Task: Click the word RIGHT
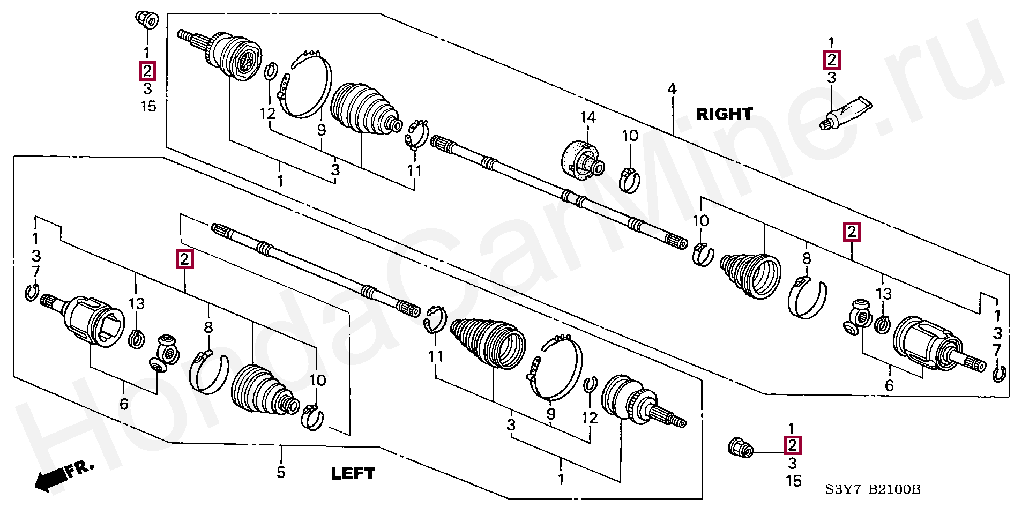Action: (x=724, y=114)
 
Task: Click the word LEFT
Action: (x=353, y=473)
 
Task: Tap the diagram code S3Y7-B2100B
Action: (x=873, y=489)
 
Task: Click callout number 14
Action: (x=588, y=117)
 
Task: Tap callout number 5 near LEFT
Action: (x=281, y=472)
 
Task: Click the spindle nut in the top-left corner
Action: (x=145, y=20)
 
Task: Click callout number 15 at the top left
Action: (x=148, y=106)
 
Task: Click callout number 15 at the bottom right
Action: (x=793, y=481)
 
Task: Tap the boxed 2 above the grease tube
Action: (x=831, y=60)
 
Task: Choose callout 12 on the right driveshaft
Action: (x=267, y=114)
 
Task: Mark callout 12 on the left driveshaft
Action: (x=590, y=418)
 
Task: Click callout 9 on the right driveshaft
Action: (x=321, y=130)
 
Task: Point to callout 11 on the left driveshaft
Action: (x=436, y=356)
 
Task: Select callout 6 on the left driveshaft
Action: (x=124, y=404)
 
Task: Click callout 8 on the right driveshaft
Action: (x=807, y=259)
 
